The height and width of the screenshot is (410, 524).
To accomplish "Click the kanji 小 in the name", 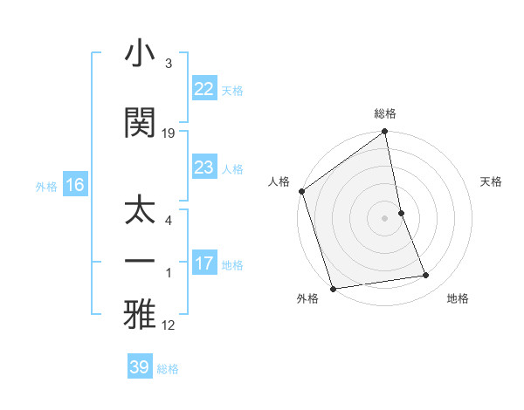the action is pyautogui.click(x=141, y=56).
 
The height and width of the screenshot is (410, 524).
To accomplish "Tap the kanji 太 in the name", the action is pyautogui.click(x=141, y=210).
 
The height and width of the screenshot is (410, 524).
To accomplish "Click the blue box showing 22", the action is pyautogui.click(x=204, y=89).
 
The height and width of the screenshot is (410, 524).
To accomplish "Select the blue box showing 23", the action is pyautogui.click(x=204, y=167).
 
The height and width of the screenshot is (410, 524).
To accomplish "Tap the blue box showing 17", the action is pyautogui.click(x=204, y=263).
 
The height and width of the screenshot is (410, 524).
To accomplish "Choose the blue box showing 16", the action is pyautogui.click(x=75, y=184).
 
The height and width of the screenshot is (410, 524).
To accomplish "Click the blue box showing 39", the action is pyautogui.click(x=140, y=367).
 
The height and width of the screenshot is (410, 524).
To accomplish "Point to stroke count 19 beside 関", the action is pyautogui.click(x=169, y=133).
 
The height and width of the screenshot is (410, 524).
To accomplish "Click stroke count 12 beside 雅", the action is pyautogui.click(x=169, y=325).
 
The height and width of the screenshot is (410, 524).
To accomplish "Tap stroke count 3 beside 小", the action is pyautogui.click(x=169, y=64).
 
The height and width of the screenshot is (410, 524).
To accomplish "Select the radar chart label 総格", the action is pyautogui.click(x=385, y=113).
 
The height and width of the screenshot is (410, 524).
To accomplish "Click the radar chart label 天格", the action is pyautogui.click(x=491, y=181).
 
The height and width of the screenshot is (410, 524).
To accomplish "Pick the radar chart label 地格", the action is pyautogui.click(x=458, y=298).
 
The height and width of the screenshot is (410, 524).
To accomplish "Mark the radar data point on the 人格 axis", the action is pyautogui.click(x=302, y=191).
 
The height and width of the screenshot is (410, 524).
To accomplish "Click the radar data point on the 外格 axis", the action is pyautogui.click(x=333, y=288).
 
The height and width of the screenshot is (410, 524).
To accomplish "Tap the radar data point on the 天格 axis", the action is pyautogui.click(x=401, y=212).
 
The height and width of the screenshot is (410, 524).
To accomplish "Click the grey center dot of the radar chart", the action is pyautogui.click(x=385, y=217).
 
